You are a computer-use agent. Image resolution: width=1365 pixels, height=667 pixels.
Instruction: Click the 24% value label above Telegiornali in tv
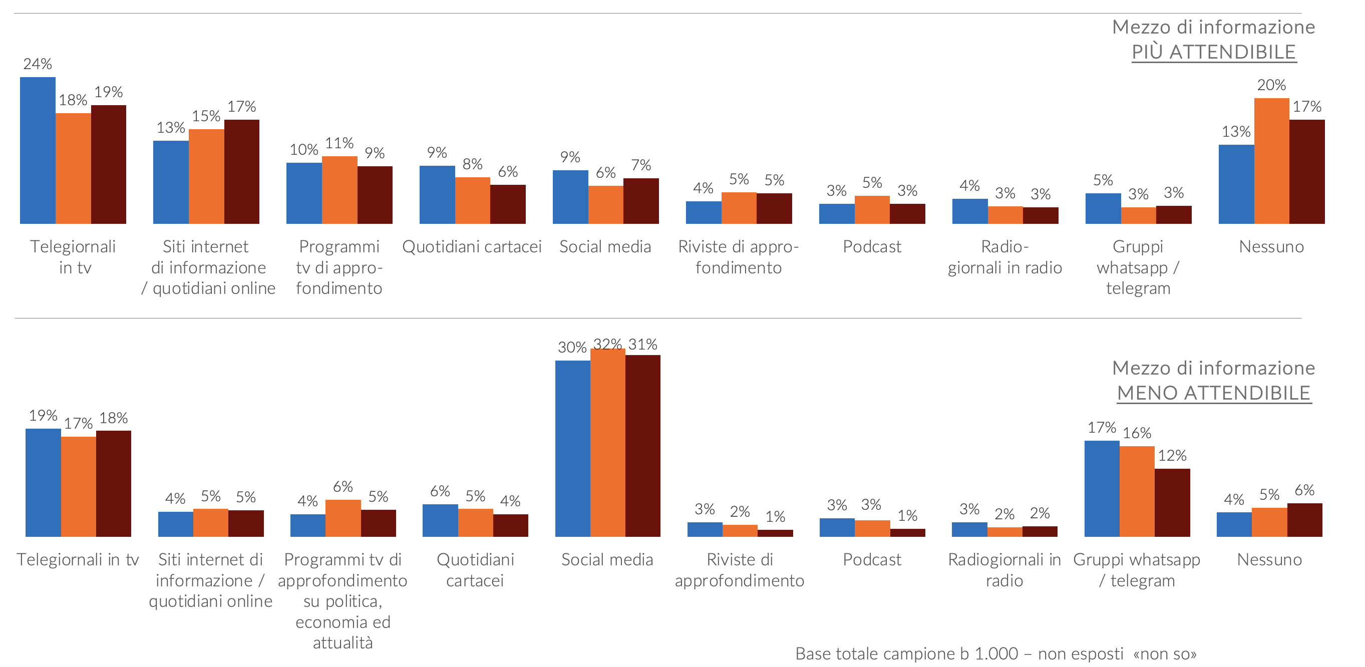click(x=38, y=64)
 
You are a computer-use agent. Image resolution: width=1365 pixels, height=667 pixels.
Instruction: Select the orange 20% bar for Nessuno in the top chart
click(x=1271, y=161)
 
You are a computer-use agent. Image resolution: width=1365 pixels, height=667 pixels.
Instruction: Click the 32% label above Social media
click(x=607, y=345)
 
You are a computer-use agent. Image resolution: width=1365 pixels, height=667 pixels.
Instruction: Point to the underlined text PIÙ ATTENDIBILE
click(x=1213, y=52)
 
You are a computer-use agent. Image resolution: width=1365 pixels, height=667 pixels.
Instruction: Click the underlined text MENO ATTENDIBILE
click(x=1213, y=393)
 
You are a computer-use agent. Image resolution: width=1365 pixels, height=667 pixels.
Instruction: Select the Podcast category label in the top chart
click(x=872, y=246)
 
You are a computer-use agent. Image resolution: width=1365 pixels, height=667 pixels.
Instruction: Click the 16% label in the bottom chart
click(x=1137, y=433)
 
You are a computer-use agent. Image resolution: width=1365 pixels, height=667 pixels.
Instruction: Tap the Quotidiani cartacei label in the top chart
click(x=472, y=246)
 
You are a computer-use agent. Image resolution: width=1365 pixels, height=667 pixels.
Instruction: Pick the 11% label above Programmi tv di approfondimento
click(x=339, y=143)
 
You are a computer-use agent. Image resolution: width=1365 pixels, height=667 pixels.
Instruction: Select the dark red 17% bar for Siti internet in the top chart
click(x=242, y=172)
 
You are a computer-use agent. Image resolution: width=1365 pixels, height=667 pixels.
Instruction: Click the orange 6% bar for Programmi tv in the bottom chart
click(x=343, y=518)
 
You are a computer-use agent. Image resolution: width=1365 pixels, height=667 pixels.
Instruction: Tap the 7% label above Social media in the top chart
click(x=640, y=165)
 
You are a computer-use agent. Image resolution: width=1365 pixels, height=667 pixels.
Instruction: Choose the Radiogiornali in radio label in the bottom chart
click(x=1004, y=569)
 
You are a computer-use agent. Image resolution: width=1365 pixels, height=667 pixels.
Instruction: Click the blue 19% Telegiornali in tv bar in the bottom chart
click(x=43, y=483)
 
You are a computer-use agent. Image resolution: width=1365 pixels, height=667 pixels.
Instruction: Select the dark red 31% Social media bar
click(x=643, y=446)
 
